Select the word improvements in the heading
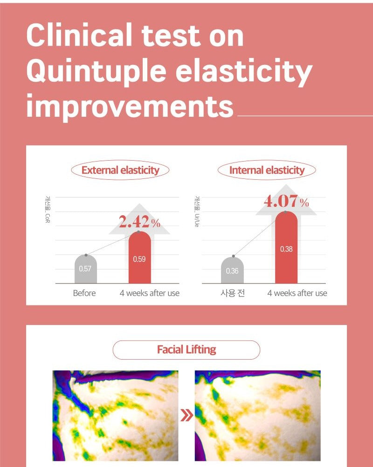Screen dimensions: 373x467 click(x=130, y=106)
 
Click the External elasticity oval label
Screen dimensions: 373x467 click(x=120, y=170)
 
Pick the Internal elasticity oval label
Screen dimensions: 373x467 click(x=267, y=170)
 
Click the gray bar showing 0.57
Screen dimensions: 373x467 click(x=86, y=269)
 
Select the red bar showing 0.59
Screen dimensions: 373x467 click(x=140, y=257)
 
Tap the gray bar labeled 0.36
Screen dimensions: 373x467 click(x=232, y=270)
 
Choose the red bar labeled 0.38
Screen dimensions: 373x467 click(x=286, y=248)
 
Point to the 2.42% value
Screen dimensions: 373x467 click(x=139, y=222)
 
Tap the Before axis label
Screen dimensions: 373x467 click(x=84, y=293)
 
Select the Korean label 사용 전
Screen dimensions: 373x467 click(x=233, y=293)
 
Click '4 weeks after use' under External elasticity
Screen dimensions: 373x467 click(x=149, y=293)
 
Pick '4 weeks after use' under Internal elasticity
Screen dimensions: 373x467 click(x=297, y=293)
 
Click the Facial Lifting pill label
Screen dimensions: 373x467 click(x=186, y=350)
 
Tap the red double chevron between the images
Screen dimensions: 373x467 click(x=186, y=416)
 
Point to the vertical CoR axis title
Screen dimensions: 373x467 click(x=48, y=209)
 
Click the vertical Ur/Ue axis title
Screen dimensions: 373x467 click(x=197, y=212)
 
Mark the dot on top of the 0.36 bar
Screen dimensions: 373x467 click(x=234, y=256)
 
